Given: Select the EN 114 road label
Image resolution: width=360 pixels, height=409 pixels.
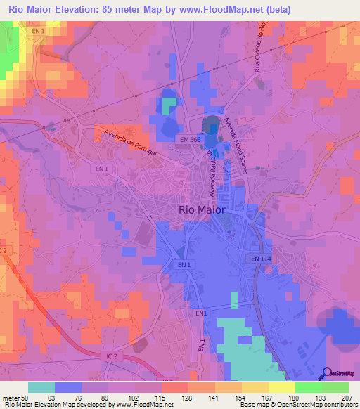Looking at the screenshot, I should pos(260,259).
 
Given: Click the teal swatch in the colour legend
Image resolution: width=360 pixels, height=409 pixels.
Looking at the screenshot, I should pos(41,387).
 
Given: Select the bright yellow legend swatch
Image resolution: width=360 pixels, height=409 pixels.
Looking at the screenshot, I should pos(282,387).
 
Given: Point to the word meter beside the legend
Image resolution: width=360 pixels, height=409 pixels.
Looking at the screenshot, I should pos(11,398).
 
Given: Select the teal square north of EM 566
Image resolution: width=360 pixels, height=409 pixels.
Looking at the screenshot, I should pos(169,105).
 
